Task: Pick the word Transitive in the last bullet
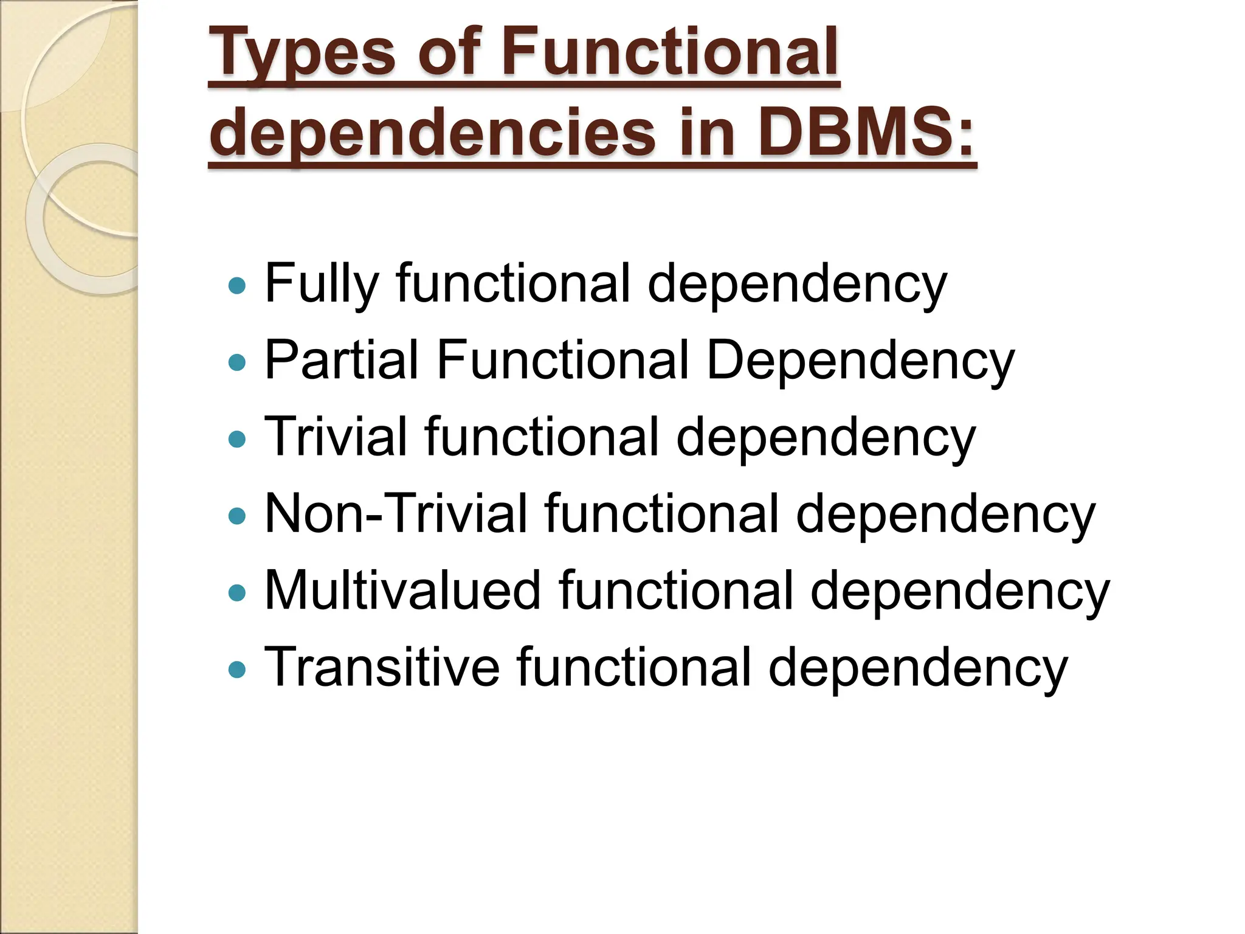(x=382, y=667)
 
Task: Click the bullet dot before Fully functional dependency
(x=236, y=285)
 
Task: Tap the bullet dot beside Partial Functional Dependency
(x=236, y=362)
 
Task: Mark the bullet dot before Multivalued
(x=236, y=592)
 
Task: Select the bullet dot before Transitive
(x=236, y=669)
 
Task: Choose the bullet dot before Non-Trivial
(x=236, y=516)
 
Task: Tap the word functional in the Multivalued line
(x=676, y=590)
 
